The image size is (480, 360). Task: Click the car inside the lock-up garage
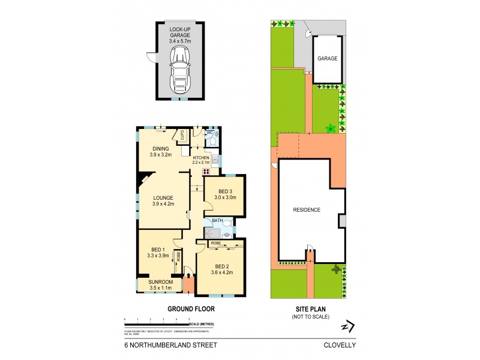[179, 69]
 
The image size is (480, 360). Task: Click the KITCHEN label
[201, 158]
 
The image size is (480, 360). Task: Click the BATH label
[217, 221]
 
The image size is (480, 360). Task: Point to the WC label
[211, 132]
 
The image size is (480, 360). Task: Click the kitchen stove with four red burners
[206, 171]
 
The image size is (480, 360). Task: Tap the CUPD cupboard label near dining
[181, 135]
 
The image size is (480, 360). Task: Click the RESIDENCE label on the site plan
[307, 210]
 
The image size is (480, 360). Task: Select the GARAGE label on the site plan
[328, 59]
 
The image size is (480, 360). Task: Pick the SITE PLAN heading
[310, 309]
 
